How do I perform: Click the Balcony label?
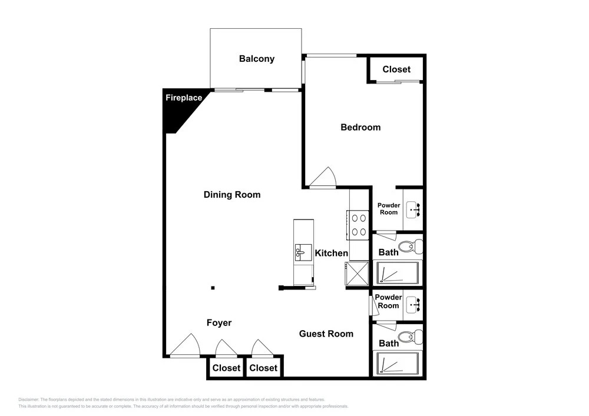(x=257, y=59)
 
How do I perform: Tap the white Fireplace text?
(x=184, y=98)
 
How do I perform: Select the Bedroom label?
(x=360, y=128)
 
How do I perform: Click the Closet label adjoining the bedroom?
(x=396, y=69)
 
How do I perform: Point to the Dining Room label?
(x=232, y=195)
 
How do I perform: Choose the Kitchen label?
(x=331, y=253)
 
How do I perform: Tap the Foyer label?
(x=219, y=323)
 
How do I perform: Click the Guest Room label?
(x=326, y=334)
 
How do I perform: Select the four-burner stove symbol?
(x=358, y=225)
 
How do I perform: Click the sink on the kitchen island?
(x=303, y=252)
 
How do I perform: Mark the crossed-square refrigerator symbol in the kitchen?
(x=358, y=274)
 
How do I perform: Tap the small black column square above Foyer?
(x=213, y=288)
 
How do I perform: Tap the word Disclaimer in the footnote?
(x=28, y=400)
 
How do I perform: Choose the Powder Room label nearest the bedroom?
(x=389, y=209)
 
